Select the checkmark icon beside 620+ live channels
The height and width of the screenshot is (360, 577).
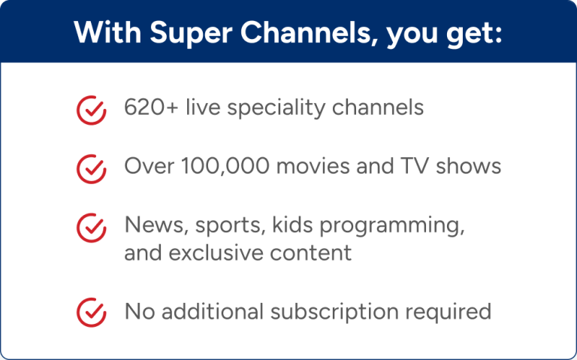pyautogui.click(x=91, y=110)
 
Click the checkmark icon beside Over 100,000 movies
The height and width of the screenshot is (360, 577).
pyautogui.click(x=91, y=168)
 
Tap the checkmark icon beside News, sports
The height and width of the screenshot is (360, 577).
pyautogui.click(x=91, y=226)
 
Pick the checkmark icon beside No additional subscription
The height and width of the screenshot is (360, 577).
pyautogui.click(x=91, y=311)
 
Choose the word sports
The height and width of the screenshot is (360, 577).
pyautogui.click(x=225, y=225)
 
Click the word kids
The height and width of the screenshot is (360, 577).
pyautogui.click(x=288, y=224)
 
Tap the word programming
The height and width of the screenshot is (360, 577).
pyautogui.click(x=391, y=225)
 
